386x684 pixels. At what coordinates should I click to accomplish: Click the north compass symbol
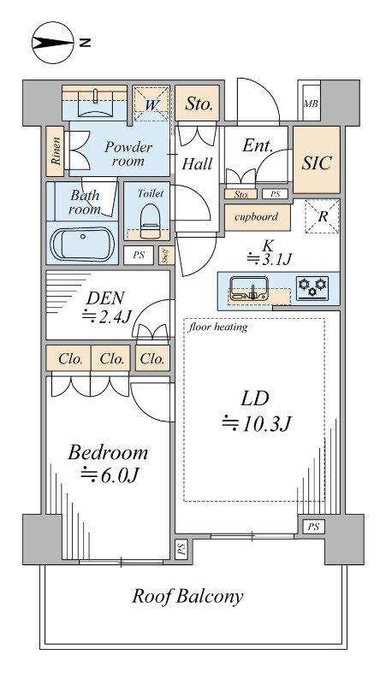click(x=53, y=43)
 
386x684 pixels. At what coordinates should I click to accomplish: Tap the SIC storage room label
click(x=317, y=162)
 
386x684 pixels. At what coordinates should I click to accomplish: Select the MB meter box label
click(x=311, y=103)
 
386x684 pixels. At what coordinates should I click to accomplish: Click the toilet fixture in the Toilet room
click(x=150, y=221)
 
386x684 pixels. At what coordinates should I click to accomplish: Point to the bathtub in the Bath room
click(x=82, y=244)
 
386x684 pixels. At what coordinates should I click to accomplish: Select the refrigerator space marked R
click(x=323, y=216)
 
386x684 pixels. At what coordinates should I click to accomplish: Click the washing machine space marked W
click(x=151, y=104)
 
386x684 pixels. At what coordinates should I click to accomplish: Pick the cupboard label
click(x=256, y=217)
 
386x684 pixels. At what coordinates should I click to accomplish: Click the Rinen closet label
click(x=56, y=151)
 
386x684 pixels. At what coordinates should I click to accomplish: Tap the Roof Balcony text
click(x=187, y=596)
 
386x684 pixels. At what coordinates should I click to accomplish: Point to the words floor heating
click(x=218, y=327)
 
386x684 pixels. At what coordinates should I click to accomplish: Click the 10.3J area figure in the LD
click(x=256, y=423)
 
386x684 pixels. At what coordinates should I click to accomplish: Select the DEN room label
click(x=105, y=298)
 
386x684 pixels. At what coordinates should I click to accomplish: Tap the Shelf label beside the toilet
click(x=166, y=256)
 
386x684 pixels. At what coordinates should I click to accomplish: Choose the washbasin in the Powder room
click(x=95, y=103)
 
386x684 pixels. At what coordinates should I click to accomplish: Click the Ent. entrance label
click(x=257, y=146)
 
